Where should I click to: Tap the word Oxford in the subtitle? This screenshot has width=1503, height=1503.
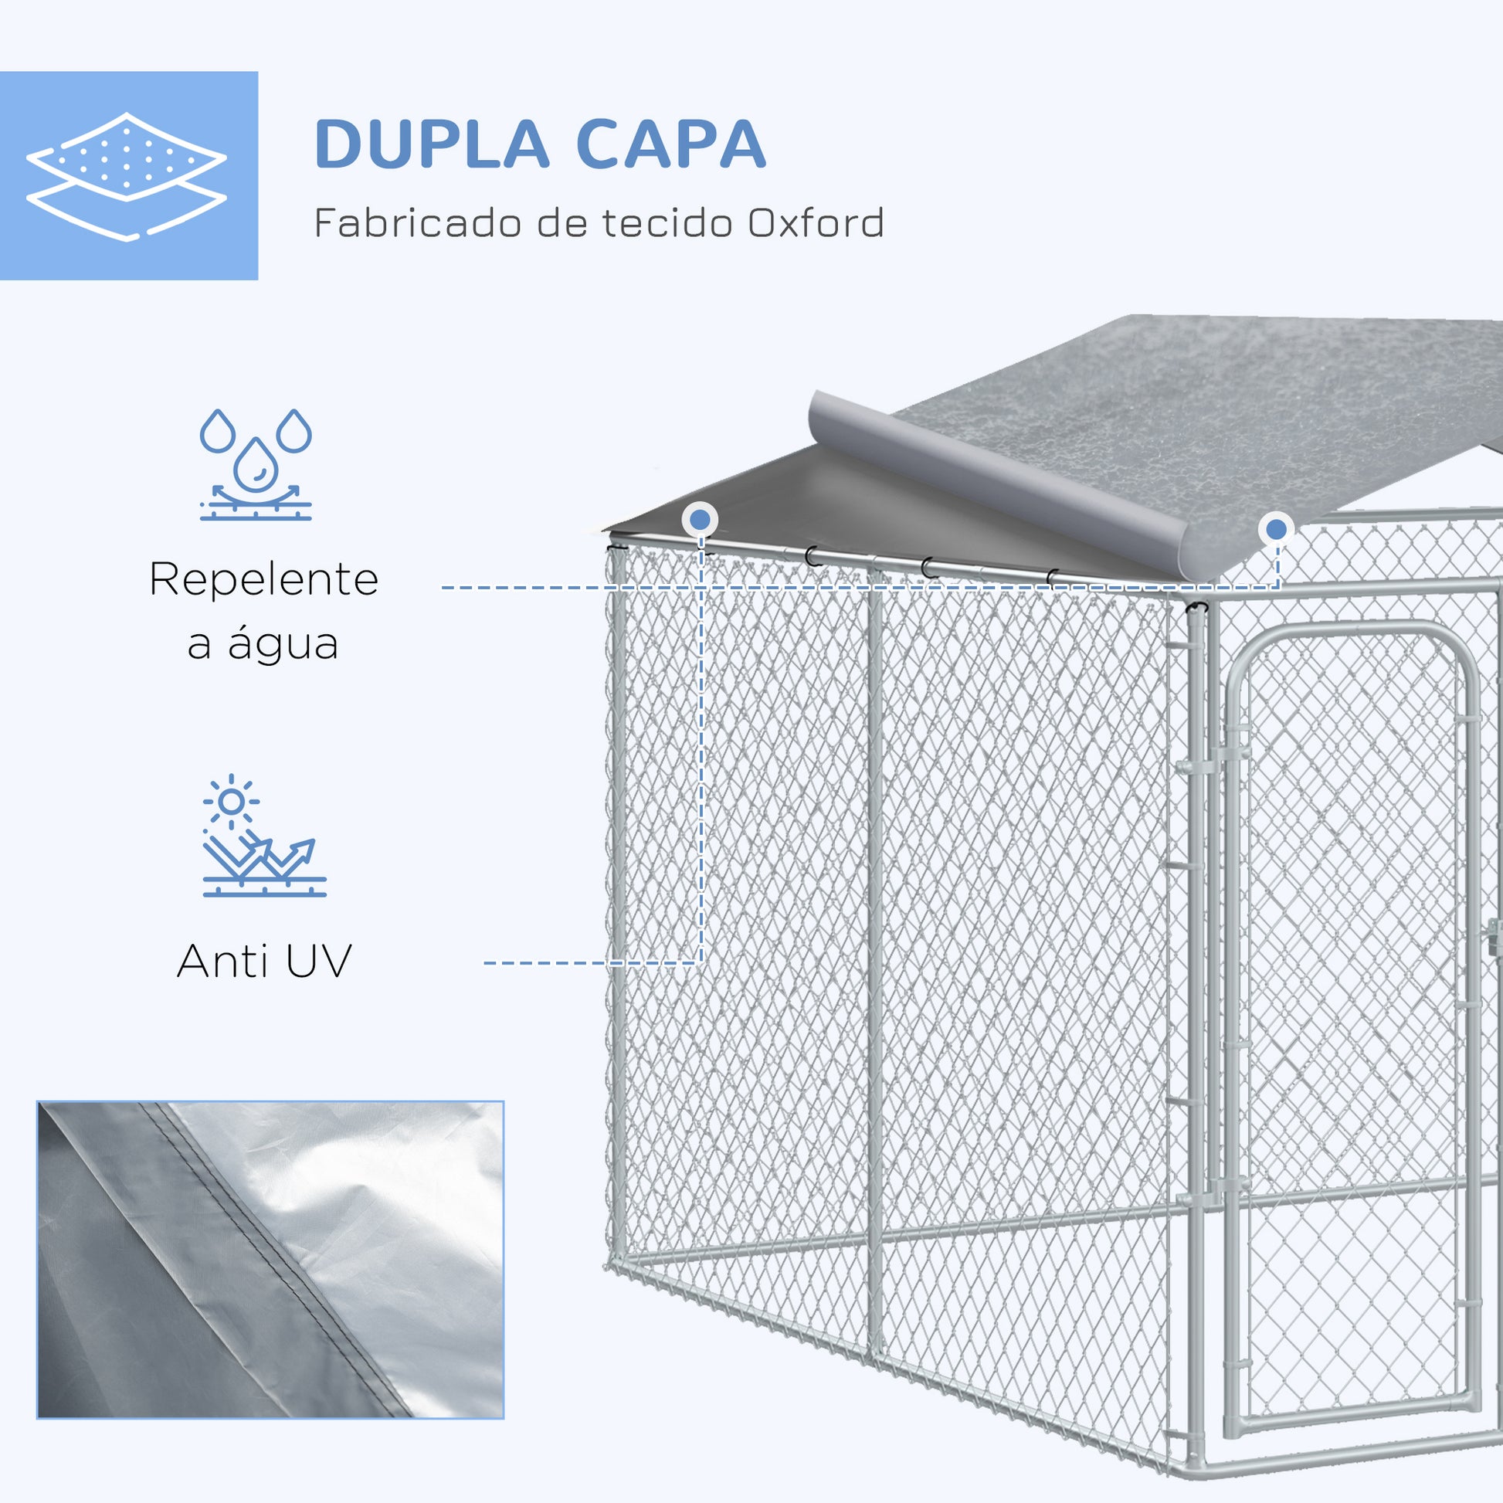tap(816, 223)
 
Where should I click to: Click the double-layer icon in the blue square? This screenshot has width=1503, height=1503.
tap(127, 176)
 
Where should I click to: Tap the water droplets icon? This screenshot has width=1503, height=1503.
tap(256, 463)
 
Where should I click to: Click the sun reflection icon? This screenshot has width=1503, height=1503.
tap(261, 836)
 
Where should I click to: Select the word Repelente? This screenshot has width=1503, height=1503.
tap(263, 579)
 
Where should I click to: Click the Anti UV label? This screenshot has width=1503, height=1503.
tap(264, 962)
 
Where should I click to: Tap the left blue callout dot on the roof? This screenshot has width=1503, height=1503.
tap(701, 520)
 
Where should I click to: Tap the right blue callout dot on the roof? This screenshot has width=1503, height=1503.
tap(1276, 530)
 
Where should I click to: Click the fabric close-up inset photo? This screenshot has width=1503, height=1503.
tap(270, 1259)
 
